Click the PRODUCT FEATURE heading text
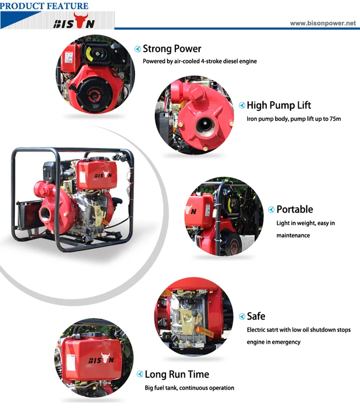tap(44, 6)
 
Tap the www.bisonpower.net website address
tap(323, 23)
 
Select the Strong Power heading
tap(172, 49)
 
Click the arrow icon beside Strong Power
tap(138, 49)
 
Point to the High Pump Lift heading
tap(279, 106)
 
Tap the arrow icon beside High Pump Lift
tap(242, 106)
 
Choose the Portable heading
tap(295, 209)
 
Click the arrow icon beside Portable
tap(272, 210)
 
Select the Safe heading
tap(256, 316)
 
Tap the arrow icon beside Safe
tap(242, 317)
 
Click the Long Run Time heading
tap(177, 374)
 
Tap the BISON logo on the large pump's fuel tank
tap(102, 175)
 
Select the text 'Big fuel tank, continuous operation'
tap(190, 388)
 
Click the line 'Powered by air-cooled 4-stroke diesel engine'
tap(200, 61)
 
